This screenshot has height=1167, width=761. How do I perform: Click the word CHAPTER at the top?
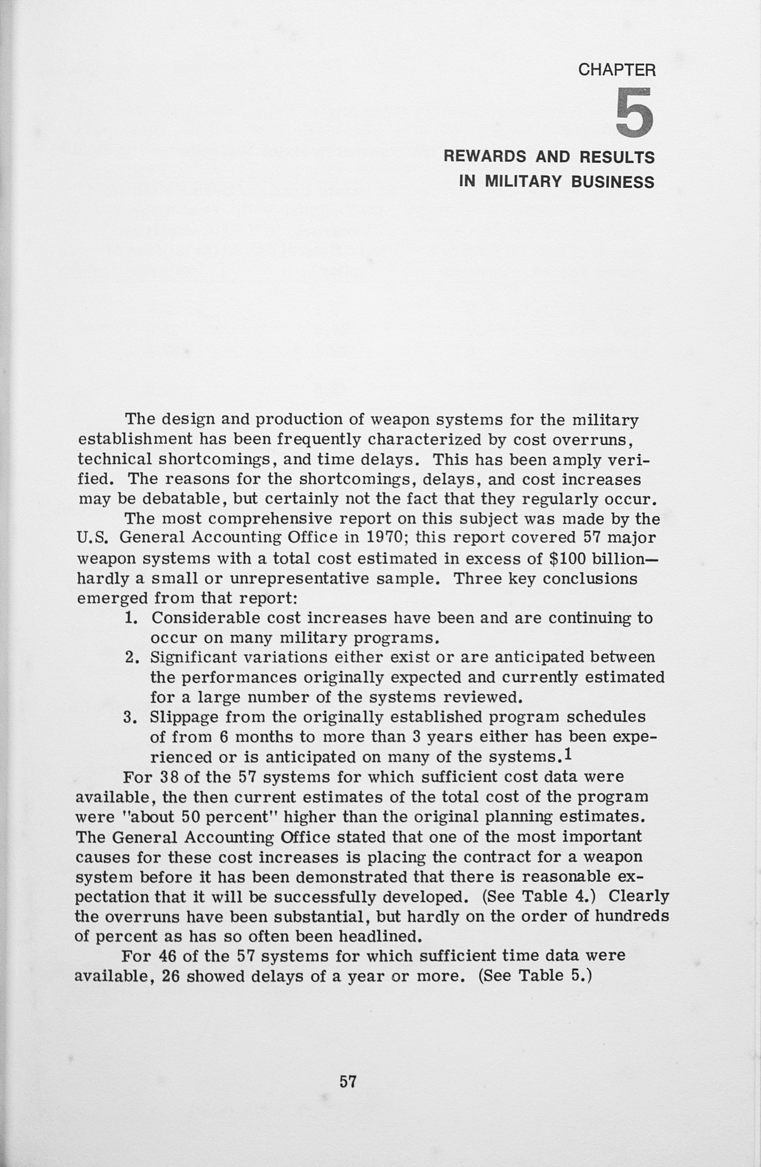pos(617,70)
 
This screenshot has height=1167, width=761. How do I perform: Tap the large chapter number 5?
pos(635,112)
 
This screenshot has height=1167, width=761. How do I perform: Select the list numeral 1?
pos(130,618)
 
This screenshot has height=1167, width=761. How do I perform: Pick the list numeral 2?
pos(130,657)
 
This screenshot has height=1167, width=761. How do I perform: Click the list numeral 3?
pos(130,717)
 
